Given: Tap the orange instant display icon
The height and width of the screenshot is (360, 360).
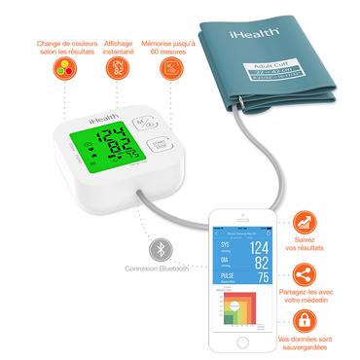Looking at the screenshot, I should (118, 70).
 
